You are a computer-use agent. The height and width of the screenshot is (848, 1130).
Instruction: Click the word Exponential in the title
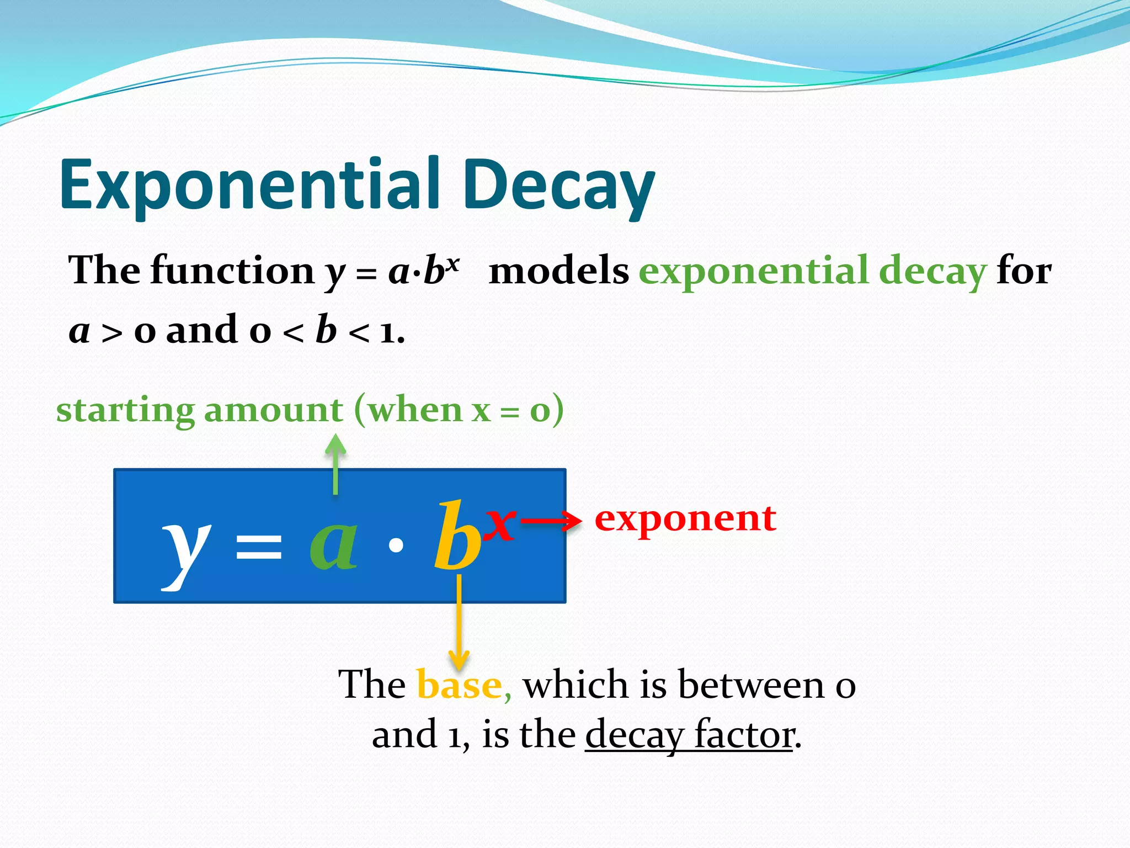pos(248,185)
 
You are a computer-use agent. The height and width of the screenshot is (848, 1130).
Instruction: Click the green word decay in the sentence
pos(932,272)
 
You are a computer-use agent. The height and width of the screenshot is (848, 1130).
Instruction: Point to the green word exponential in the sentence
pos(753,272)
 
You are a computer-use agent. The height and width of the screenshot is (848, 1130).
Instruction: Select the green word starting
pos(125,411)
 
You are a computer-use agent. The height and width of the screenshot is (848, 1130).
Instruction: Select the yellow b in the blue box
pos(457,538)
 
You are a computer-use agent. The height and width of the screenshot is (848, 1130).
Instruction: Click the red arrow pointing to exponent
pos(551,521)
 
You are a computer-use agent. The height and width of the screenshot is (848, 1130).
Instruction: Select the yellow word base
pos(460,685)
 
